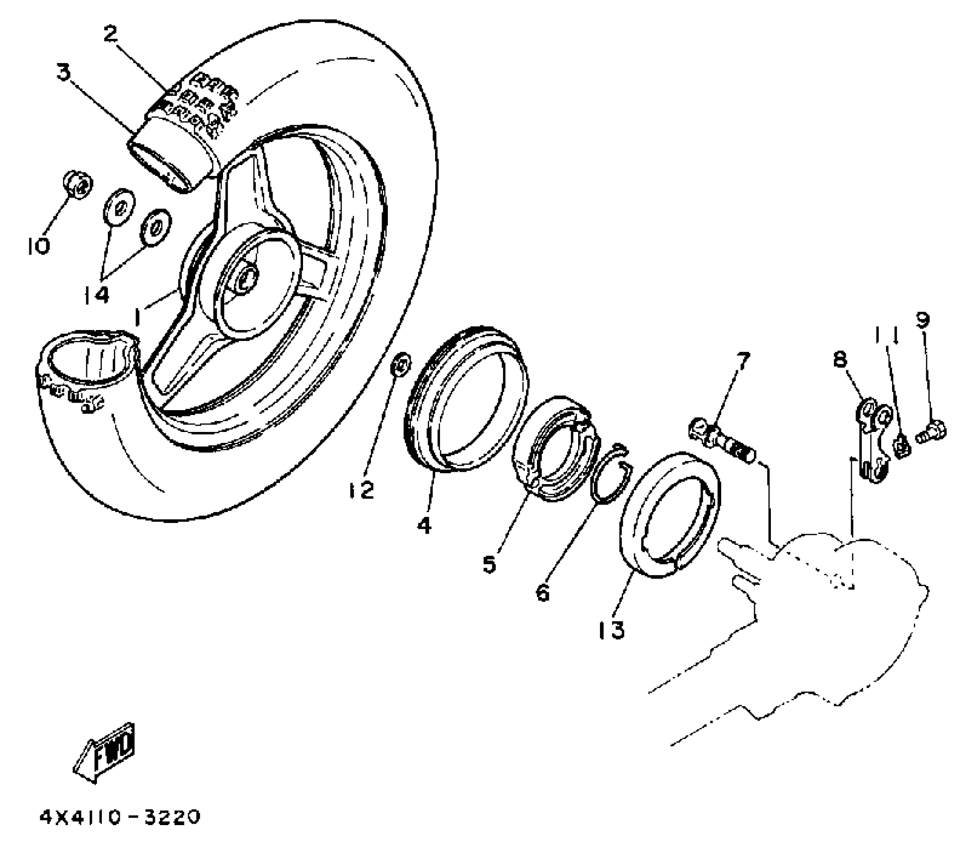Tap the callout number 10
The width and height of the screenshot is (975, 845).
(38, 246)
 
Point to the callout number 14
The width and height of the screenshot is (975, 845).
(96, 295)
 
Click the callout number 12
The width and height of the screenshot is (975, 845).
(361, 491)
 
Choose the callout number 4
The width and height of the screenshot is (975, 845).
(424, 525)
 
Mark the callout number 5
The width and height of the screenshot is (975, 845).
(489, 564)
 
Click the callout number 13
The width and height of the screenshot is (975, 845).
(611, 630)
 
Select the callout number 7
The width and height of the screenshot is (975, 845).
(743, 361)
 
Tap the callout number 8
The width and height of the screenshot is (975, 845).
(839, 359)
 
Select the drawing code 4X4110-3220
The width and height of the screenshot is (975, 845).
(120, 818)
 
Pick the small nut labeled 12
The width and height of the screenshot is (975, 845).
(401, 364)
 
